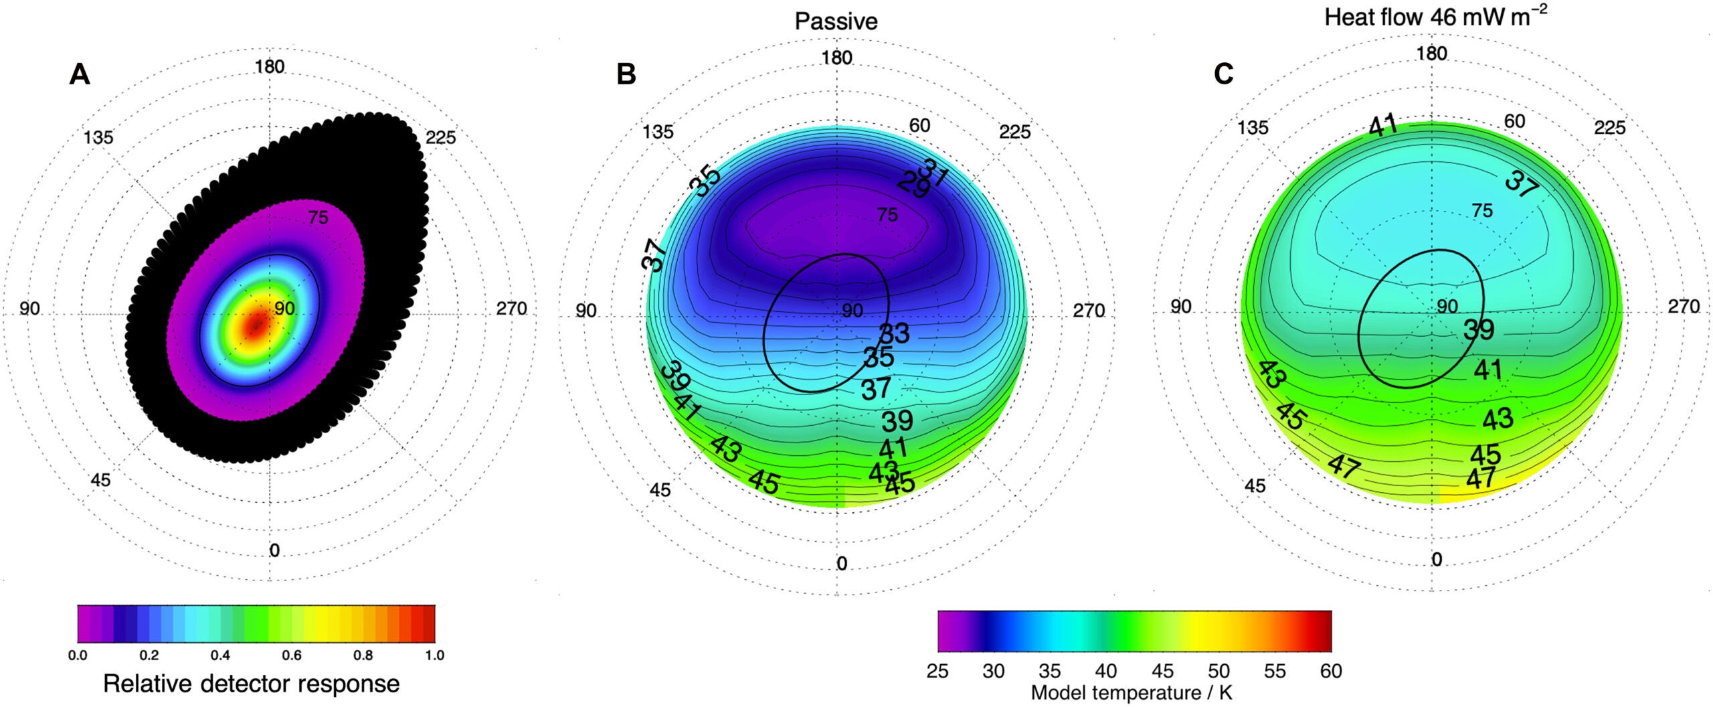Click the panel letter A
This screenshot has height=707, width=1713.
[x=79, y=74]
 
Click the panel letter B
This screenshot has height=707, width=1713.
[x=626, y=74]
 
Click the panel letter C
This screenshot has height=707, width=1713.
[x=1223, y=74]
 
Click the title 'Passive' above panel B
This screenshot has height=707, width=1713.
[x=836, y=21]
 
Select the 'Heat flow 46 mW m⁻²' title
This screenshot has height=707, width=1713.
[x=1435, y=17]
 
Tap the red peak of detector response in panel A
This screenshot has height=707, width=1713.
[x=256, y=325]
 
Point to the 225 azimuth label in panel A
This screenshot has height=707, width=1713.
[x=440, y=137]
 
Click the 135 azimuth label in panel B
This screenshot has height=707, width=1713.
[x=658, y=132]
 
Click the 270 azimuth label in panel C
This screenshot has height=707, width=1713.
[x=1683, y=307]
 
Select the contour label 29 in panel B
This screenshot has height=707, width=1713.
[x=913, y=185]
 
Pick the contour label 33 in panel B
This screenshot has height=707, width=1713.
[x=894, y=333]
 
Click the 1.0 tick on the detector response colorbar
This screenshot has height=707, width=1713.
[x=434, y=655]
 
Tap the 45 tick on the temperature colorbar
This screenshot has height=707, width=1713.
[x=1162, y=671]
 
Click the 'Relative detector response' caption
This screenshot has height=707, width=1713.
[x=251, y=684]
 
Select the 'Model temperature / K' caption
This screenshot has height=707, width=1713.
[x=1131, y=693]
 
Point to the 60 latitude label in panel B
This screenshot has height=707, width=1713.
[x=919, y=125]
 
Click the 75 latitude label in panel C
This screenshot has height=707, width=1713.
[x=1482, y=211]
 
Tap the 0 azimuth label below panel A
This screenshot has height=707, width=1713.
[x=274, y=550]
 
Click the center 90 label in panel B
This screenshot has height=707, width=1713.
[x=852, y=311]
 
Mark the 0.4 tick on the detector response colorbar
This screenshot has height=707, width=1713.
[x=220, y=655]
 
